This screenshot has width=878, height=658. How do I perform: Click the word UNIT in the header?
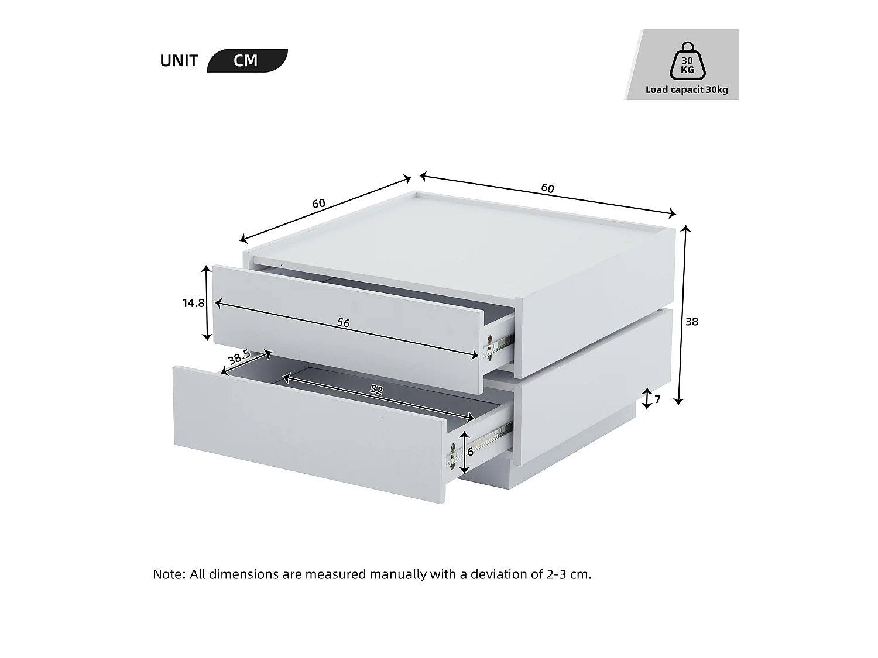179,61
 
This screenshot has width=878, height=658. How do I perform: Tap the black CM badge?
246,61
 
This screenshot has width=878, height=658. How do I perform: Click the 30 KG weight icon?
687,61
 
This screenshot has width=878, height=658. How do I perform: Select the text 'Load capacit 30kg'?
687,90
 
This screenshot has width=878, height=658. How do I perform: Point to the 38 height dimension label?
692,322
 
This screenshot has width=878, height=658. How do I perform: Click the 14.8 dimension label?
193,303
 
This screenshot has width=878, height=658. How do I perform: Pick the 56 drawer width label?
344,323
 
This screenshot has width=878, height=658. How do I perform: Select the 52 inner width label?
376,390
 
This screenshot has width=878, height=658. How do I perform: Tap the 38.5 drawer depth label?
239,357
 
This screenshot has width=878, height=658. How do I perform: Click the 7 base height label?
657,399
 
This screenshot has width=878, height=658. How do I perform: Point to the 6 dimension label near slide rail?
471,452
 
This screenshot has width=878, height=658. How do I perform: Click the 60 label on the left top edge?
318,204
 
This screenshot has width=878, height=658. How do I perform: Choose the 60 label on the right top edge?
547,188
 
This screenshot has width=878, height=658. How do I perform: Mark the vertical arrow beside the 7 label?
647,399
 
